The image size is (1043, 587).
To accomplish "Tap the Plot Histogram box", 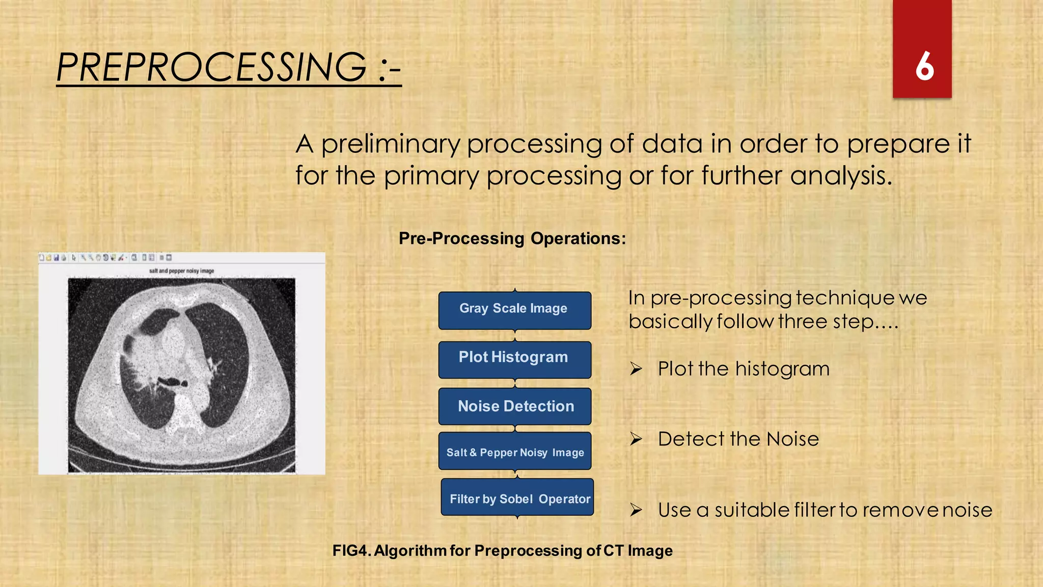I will pos(514,358).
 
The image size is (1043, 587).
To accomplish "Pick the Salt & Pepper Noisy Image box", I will pos(515,452).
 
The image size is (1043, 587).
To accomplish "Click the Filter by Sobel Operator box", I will pos(517,498).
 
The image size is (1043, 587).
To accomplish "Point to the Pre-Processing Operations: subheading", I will pos(512,238).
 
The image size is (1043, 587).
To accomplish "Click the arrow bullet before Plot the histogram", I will pos(636,368).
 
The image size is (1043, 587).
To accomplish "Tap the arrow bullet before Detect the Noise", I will pos(636,439).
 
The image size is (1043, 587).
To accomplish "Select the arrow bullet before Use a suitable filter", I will pos(636,510).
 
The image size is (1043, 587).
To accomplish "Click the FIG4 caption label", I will pos(351,551).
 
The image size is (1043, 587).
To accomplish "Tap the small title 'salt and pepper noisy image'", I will pos(181,271).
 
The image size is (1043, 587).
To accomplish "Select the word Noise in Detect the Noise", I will pos(792,439).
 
